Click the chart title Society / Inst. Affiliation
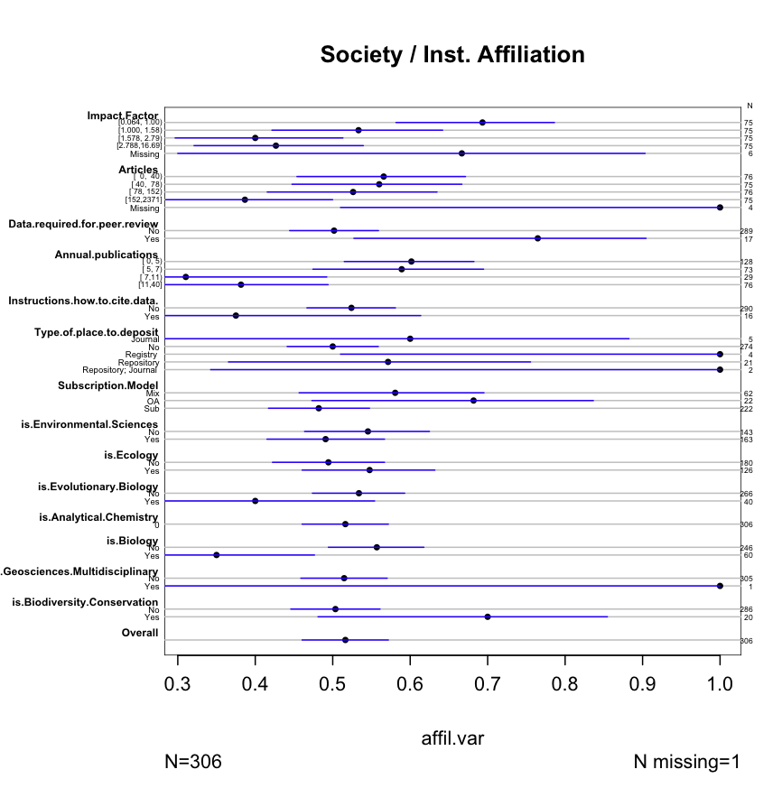[452, 55]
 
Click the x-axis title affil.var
[452, 738]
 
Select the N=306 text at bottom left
[194, 762]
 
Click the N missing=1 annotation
[687, 762]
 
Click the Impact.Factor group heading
[123, 116]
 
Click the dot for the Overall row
[346, 640]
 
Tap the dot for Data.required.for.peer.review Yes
[537, 238]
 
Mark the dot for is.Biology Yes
[217, 555]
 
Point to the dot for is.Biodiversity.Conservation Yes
[488, 616]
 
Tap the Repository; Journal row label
[121, 369]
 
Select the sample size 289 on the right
[746, 231]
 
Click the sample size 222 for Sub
[746, 409]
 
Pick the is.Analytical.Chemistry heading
[98, 517]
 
